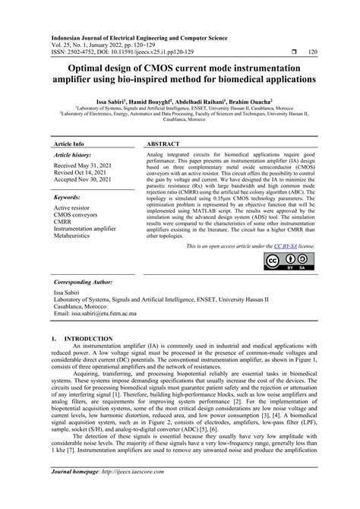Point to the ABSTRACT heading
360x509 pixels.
point(163,144)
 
